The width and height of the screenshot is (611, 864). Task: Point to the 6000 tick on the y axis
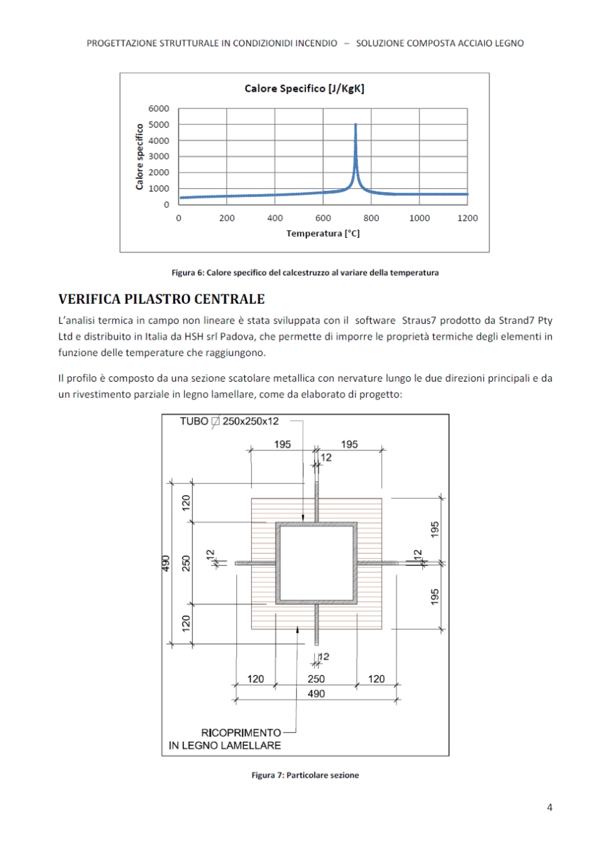click(159, 109)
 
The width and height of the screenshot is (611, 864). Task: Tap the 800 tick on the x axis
click(371, 218)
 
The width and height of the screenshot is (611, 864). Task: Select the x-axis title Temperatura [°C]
click(322, 233)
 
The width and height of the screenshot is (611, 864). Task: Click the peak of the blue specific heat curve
click(356, 125)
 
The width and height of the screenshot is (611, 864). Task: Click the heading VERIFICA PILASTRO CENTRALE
click(162, 299)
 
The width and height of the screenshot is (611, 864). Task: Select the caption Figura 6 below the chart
click(305, 273)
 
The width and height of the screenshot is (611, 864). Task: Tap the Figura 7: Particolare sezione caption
click(305, 775)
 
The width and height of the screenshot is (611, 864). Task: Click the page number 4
click(549, 808)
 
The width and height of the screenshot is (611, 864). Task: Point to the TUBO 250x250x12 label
click(229, 421)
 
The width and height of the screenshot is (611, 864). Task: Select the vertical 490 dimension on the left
click(166, 564)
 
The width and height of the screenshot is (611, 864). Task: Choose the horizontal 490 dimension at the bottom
click(316, 694)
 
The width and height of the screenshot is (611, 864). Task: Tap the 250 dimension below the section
click(316, 679)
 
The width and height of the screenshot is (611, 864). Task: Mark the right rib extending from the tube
click(380, 563)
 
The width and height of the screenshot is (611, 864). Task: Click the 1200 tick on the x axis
click(468, 218)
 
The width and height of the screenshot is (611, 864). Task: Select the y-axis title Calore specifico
click(140, 157)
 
